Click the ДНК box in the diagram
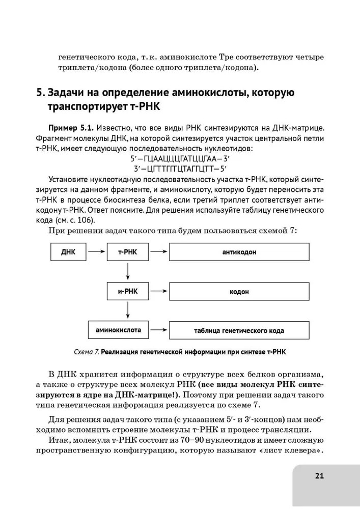click(x=68, y=252)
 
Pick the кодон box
click(x=239, y=292)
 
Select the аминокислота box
click(x=118, y=330)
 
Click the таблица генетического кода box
click(x=239, y=330)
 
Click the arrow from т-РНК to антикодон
click(x=159, y=252)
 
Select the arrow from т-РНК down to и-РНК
click(x=128, y=272)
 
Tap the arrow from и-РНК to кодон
click(x=159, y=291)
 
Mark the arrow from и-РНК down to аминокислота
click(x=128, y=310)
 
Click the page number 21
click(x=319, y=476)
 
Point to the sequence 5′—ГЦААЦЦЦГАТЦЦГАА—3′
click(x=180, y=158)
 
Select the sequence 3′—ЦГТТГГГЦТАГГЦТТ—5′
click(x=180, y=168)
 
